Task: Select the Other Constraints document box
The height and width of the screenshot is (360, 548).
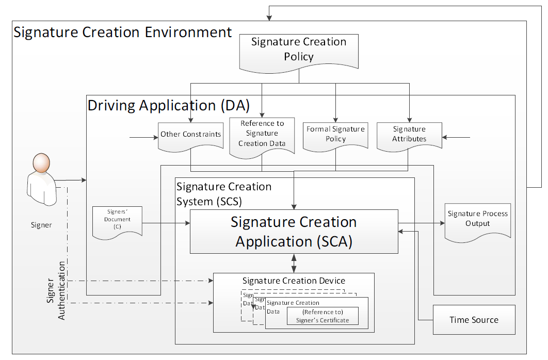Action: tap(190, 135)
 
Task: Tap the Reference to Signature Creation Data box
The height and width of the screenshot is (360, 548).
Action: tap(262, 134)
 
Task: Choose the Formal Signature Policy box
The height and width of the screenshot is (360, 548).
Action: tap(335, 134)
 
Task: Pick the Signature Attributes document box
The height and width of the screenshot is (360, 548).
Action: tap(409, 134)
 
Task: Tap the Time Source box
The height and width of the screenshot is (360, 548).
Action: tap(474, 320)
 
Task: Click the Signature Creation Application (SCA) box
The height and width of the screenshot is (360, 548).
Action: tap(294, 232)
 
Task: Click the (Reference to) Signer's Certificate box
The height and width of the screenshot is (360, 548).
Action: tap(323, 316)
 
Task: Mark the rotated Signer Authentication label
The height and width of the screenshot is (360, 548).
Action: tap(56, 290)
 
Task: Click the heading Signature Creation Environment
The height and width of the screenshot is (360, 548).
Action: tap(123, 32)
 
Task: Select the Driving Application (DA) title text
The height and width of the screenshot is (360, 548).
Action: tap(169, 106)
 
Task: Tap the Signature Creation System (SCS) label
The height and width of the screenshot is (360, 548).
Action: tap(224, 193)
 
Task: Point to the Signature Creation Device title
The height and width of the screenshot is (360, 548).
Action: tap(294, 281)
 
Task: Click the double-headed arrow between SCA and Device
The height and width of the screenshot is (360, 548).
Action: tap(294, 263)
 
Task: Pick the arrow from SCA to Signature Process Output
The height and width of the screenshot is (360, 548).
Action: tap(421, 223)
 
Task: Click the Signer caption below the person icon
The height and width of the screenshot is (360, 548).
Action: tap(41, 225)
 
